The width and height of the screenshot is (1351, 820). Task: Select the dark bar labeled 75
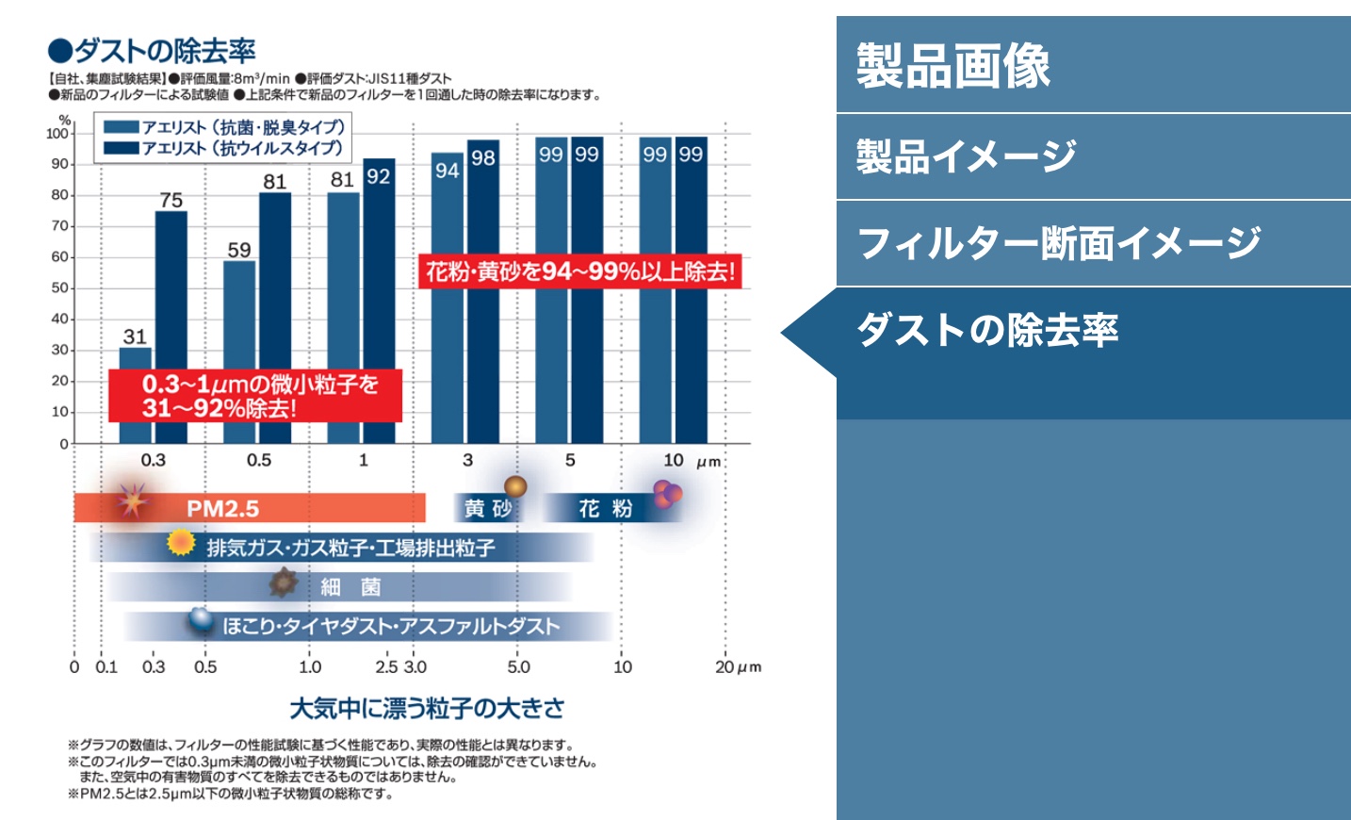point(171,327)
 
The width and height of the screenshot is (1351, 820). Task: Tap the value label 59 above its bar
point(239,250)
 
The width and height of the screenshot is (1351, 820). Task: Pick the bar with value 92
point(379,301)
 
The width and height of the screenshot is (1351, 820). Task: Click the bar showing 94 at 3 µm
point(448,298)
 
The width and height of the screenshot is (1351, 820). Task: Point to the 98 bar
point(483,291)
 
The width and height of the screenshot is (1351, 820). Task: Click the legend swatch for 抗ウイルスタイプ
point(122,148)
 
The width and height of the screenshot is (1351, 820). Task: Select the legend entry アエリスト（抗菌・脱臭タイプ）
point(224,127)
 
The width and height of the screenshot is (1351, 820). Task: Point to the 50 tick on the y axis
point(59,287)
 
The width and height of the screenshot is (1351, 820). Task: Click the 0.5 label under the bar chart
point(259,460)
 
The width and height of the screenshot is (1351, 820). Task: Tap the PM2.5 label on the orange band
point(222,509)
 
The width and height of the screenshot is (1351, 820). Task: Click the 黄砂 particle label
point(489,509)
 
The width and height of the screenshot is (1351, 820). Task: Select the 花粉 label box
point(606,509)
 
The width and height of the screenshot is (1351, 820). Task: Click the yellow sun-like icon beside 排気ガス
point(181,543)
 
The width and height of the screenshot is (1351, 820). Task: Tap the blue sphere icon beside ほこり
point(201,619)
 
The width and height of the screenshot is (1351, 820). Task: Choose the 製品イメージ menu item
point(1094,156)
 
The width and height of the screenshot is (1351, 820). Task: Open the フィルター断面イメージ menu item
point(1094,242)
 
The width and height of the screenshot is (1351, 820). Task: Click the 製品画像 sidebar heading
point(953,65)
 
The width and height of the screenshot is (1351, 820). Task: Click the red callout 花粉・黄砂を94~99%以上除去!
point(579,271)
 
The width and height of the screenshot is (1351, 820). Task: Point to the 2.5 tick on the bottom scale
point(386,667)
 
